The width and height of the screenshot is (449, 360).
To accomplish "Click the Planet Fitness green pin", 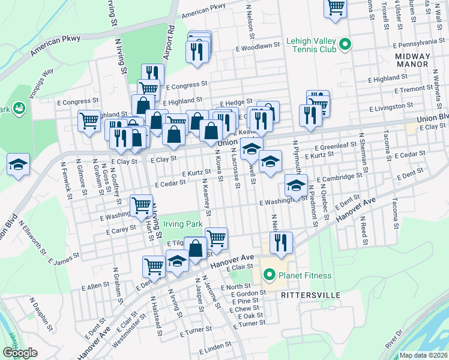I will click(270, 275).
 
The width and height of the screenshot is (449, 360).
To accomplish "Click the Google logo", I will click(20, 353).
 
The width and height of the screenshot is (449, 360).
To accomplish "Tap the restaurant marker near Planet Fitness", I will click(280, 242).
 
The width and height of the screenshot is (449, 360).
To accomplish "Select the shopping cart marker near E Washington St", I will click(141, 205).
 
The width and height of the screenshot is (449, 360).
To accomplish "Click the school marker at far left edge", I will click(18, 165).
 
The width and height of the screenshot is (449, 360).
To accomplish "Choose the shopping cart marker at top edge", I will click(336, 8).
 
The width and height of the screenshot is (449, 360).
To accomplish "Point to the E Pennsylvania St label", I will click(420, 43).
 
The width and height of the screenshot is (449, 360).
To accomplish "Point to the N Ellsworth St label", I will click(32, 236).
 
